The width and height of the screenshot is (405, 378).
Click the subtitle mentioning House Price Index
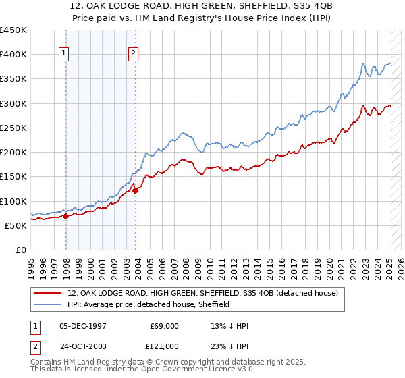pos(202,18)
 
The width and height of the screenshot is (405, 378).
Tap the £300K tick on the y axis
pos(13,103)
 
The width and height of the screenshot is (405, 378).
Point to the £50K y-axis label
pos(16,225)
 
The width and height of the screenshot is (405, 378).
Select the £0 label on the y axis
pos(22,250)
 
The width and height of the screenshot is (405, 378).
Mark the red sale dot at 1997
pos(66,217)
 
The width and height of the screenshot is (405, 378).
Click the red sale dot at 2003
pos(136,191)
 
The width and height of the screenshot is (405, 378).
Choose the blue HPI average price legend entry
pos(148,304)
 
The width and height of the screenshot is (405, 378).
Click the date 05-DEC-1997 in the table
pos(84,326)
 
